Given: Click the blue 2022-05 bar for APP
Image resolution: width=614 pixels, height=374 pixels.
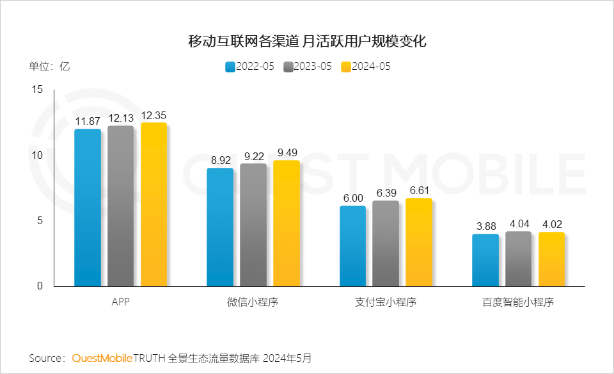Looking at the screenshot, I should [x=88, y=207].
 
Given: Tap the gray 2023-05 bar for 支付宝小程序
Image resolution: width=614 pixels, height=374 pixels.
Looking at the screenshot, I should [x=386, y=243].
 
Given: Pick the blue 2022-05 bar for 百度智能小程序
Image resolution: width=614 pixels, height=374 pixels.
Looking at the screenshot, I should [x=485, y=260].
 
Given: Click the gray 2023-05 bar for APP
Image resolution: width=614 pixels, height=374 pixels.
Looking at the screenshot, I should [x=121, y=206].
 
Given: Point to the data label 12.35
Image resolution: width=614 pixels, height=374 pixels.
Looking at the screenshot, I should [x=153, y=116].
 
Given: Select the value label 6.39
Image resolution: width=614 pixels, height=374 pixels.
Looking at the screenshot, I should [x=386, y=193].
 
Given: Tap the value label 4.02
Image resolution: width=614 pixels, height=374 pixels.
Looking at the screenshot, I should [x=551, y=225].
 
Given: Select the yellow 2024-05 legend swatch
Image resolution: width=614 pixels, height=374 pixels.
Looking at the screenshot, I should [x=346, y=67].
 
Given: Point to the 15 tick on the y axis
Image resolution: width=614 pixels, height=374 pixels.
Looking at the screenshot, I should [x=36, y=90].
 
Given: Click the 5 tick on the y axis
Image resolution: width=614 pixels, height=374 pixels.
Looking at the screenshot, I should [x=40, y=221].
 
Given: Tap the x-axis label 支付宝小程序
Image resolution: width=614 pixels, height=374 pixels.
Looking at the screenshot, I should [x=386, y=302].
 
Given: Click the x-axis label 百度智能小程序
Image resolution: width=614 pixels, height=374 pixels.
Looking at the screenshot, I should [x=518, y=302].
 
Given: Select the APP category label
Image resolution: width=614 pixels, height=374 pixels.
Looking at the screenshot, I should [x=120, y=302].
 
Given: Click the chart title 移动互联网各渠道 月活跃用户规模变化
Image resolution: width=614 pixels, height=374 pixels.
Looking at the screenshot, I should [x=307, y=42].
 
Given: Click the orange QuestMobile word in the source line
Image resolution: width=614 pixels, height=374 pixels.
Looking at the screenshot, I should [x=102, y=357].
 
